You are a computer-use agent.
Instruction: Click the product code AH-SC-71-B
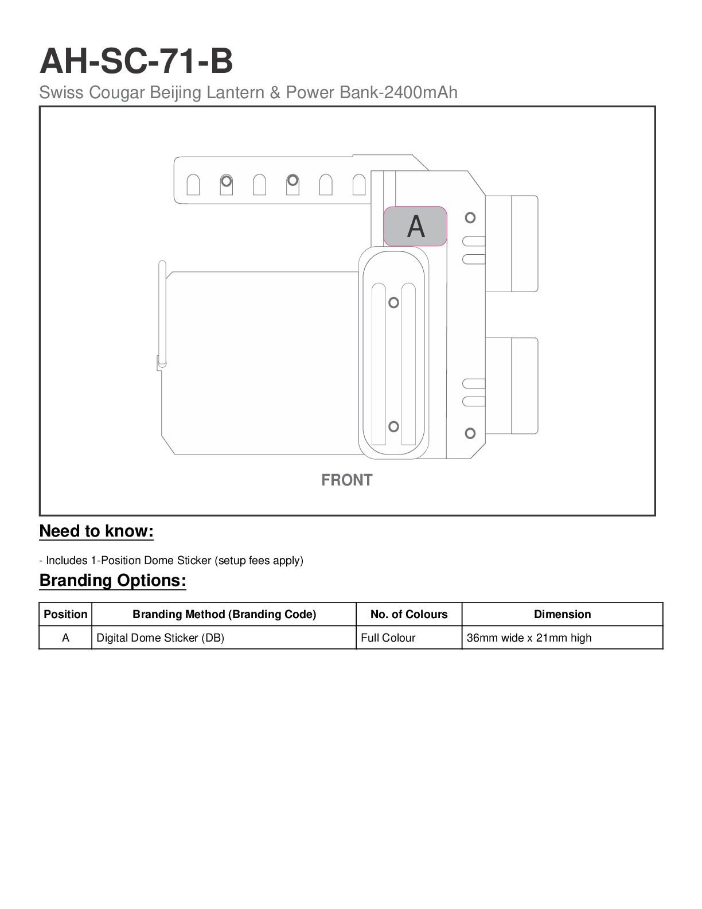pyautogui.click(x=136, y=61)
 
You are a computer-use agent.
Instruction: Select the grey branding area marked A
pyautogui.click(x=415, y=226)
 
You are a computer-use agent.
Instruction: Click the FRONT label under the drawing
pyautogui.click(x=346, y=480)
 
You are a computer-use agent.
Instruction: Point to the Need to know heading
pyautogui.click(x=96, y=531)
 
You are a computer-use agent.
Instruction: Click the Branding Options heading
pyautogui.click(x=113, y=580)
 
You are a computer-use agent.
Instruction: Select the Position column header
pyautogui.click(x=65, y=614)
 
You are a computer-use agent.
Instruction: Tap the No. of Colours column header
pyautogui.click(x=409, y=614)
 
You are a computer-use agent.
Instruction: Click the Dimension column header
pyautogui.click(x=563, y=614)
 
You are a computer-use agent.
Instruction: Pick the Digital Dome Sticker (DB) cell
pyautogui.click(x=161, y=638)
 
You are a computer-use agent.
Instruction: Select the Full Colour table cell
pyautogui.click(x=388, y=638)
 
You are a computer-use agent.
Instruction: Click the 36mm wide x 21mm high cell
pyautogui.click(x=529, y=638)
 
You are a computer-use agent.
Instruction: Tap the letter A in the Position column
pyautogui.click(x=65, y=638)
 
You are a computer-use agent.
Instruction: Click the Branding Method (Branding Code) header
pyautogui.click(x=224, y=614)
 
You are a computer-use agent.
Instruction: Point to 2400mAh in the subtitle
pyautogui.click(x=420, y=92)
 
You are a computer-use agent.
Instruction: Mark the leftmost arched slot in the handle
pyautogui.click(x=193, y=184)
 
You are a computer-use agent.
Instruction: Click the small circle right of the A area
pyautogui.click(x=470, y=217)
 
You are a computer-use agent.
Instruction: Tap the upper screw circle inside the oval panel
pyautogui.click(x=393, y=302)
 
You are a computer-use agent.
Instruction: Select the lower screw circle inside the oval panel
pyautogui.click(x=393, y=426)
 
